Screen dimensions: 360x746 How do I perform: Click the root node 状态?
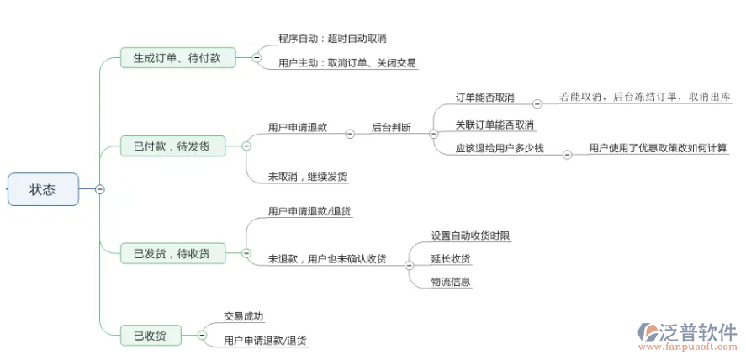tap(43, 189)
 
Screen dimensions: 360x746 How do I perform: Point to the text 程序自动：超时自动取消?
tap(333, 39)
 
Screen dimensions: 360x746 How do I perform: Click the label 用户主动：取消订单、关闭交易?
tap(347, 62)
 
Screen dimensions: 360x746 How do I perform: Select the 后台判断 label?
tap(391, 128)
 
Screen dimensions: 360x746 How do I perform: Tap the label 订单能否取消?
tap(484, 98)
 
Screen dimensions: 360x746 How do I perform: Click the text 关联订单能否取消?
tap(495, 124)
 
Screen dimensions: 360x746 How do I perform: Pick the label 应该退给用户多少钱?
tap(500, 148)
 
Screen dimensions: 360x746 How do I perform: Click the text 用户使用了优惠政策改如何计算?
tap(659, 148)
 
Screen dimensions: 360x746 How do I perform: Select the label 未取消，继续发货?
tap(307, 177)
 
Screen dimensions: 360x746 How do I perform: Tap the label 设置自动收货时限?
tap(470, 236)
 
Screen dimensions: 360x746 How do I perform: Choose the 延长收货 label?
tap(450, 258)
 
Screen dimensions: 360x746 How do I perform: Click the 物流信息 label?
tap(450, 282)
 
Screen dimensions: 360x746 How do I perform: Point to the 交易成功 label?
tap(243, 316)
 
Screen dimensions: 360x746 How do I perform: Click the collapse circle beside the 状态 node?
tap(100, 189)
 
